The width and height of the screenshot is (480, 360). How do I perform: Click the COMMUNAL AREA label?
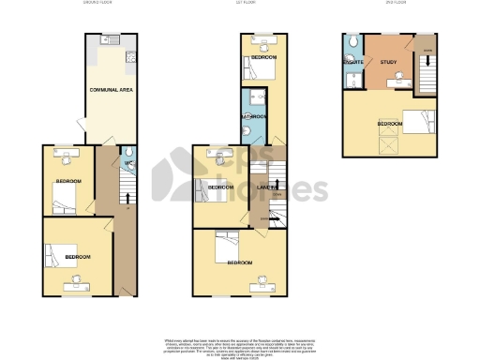[108, 89]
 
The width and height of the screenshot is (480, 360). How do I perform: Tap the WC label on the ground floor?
[127, 164]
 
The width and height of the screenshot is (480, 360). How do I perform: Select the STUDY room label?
[389, 63]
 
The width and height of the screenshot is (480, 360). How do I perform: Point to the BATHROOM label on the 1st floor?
[254, 116]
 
